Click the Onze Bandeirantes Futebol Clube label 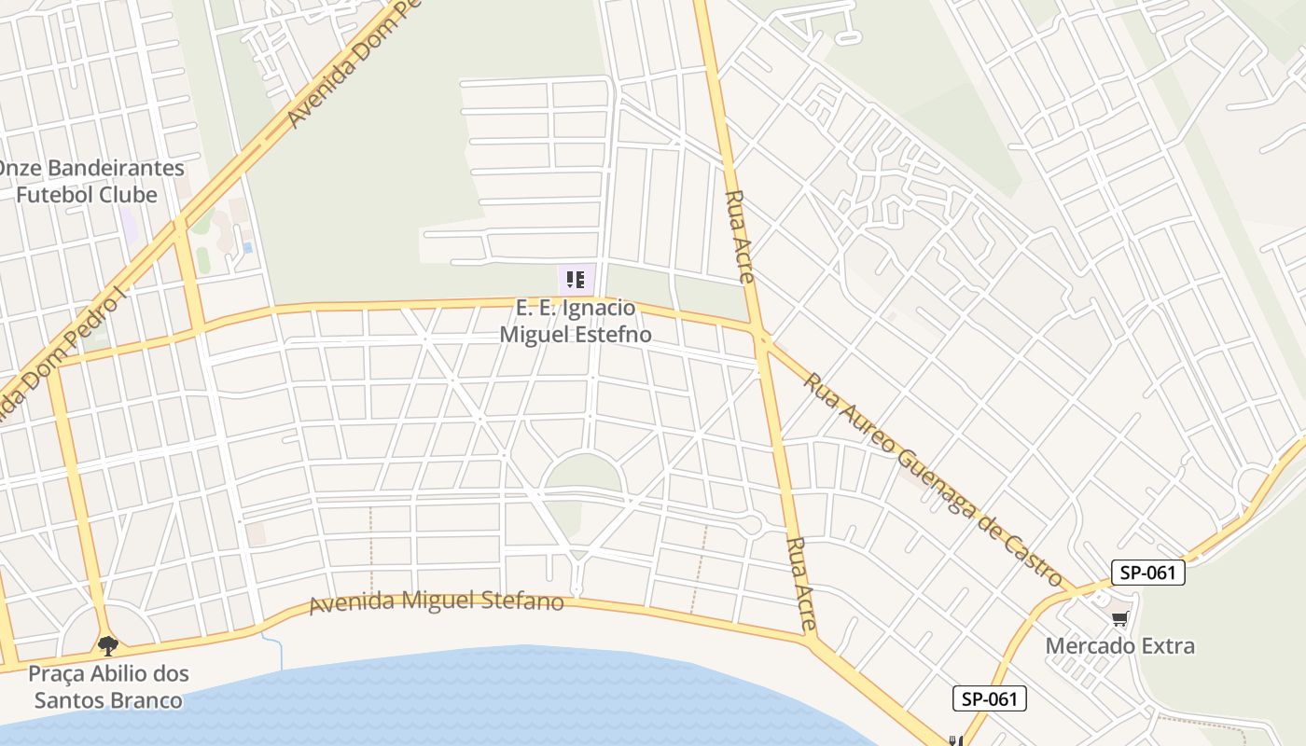pos(90,182)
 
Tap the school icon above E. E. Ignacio pos(576,279)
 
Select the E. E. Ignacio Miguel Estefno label pos(576,321)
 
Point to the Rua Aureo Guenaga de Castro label pos(933,480)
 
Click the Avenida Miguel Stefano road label pos(437,601)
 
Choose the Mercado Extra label pos(1119,645)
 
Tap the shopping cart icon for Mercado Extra pos(1120,619)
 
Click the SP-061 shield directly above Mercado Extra pos(1147,573)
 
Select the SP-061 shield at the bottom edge pos(989,698)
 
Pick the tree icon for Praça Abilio pos(108,644)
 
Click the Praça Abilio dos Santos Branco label pos(108,686)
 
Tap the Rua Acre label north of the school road pos(740,237)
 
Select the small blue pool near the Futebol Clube pos(247,248)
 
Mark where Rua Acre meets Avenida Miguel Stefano pos(808,638)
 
